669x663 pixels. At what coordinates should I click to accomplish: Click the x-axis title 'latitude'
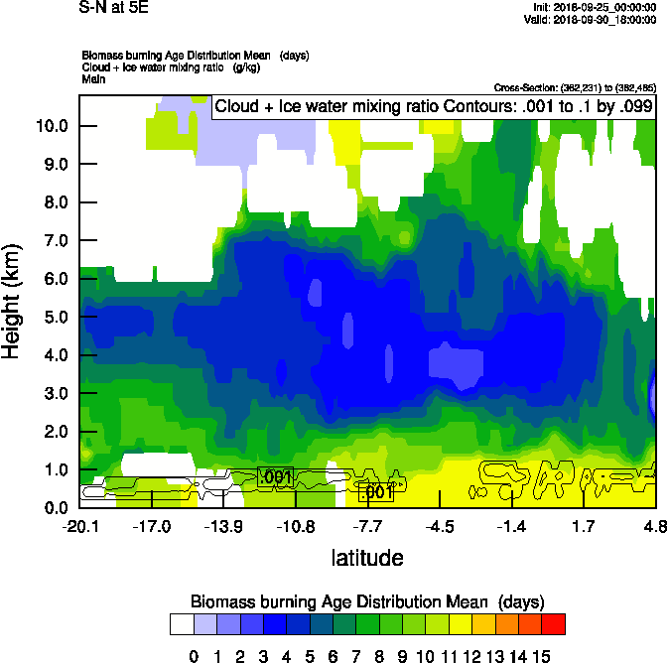tap(367, 558)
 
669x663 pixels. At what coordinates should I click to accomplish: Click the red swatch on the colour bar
tap(555, 623)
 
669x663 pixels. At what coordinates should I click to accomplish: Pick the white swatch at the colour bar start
tap(181, 623)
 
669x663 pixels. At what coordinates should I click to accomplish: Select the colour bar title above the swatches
tap(366, 601)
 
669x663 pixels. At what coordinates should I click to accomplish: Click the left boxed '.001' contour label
tap(275, 477)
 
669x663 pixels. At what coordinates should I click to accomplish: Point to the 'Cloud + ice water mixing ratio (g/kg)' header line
tap(164, 66)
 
